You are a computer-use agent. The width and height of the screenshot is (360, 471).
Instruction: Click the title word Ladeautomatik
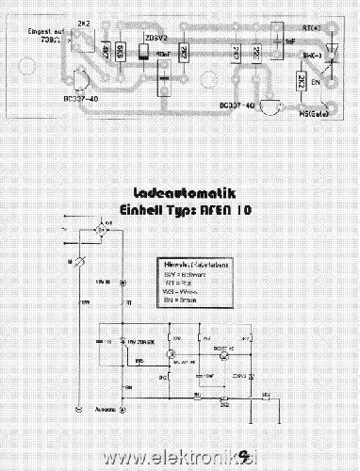pos(180,189)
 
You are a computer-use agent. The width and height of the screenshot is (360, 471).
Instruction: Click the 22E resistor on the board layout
pos(256,54)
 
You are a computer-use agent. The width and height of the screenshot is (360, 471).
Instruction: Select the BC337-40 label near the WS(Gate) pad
pos(237,106)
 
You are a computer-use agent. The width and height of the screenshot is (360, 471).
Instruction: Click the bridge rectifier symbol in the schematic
pos(102,229)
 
